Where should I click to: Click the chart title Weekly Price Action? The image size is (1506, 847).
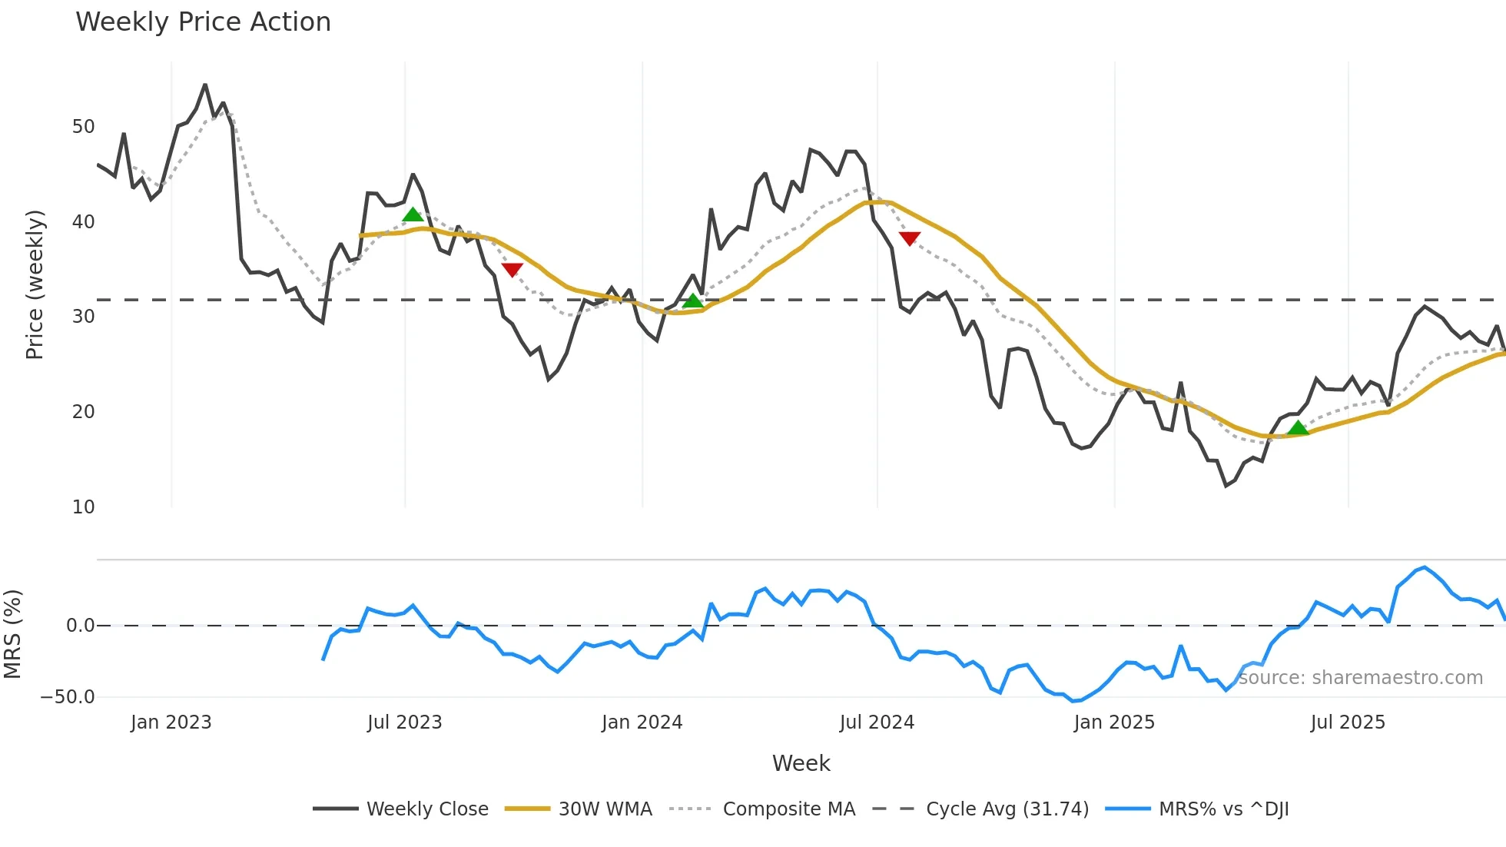[203, 22]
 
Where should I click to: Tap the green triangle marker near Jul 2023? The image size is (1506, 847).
[413, 215]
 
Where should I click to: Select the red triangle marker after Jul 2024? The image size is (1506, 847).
[910, 238]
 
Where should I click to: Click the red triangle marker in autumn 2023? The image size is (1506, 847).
[512, 269]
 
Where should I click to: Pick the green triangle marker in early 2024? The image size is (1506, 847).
[693, 301]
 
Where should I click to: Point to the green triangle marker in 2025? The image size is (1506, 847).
[1298, 428]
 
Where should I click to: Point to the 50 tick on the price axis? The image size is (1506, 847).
[83, 127]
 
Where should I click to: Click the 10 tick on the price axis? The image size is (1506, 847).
[83, 507]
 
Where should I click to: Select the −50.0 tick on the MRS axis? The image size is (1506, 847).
[68, 697]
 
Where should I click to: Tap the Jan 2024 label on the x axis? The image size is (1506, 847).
[642, 722]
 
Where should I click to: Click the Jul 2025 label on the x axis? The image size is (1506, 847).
[1348, 722]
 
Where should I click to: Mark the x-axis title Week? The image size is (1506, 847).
[801, 763]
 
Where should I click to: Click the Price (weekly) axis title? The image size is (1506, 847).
[35, 284]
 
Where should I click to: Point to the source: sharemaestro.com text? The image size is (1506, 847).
[1360, 678]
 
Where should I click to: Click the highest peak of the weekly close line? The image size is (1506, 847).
[205, 85]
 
